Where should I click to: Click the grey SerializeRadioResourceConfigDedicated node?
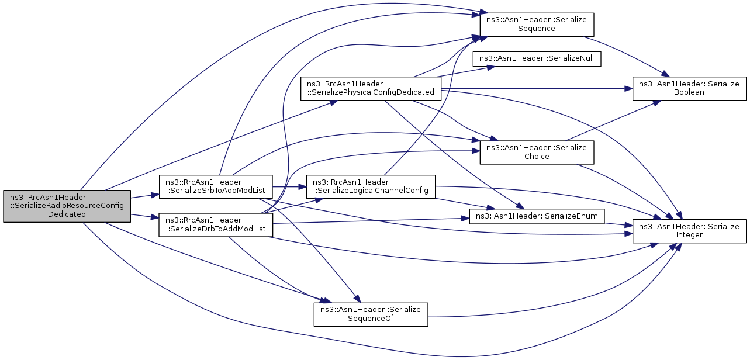(x=67, y=206)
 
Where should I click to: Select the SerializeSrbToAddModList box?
(x=216, y=186)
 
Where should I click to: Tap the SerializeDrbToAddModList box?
(x=216, y=224)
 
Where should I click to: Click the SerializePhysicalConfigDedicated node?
(x=371, y=88)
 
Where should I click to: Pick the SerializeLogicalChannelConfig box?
(x=371, y=186)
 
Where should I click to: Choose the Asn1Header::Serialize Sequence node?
(x=537, y=25)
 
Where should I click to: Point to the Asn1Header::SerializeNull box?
(x=537, y=58)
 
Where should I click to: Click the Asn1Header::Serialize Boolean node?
(x=689, y=88)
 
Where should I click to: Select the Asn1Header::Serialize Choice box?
(x=537, y=153)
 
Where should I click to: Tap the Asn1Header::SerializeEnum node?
(x=537, y=216)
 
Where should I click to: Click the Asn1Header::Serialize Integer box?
(x=689, y=231)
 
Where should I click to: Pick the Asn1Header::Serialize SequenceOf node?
(x=371, y=314)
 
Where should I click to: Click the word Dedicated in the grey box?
(x=67, y=214)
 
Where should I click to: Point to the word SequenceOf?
(x=371, y=318)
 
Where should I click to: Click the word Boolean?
(x=689, y=92)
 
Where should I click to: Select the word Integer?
(x=689, y=235)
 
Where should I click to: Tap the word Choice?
(x=537, y=157)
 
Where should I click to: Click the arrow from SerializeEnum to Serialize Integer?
(x=618, y=224)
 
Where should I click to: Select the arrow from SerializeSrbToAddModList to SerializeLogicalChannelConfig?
(x=289, y=186)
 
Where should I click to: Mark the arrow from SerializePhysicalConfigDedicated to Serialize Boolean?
(x=537, y=89)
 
